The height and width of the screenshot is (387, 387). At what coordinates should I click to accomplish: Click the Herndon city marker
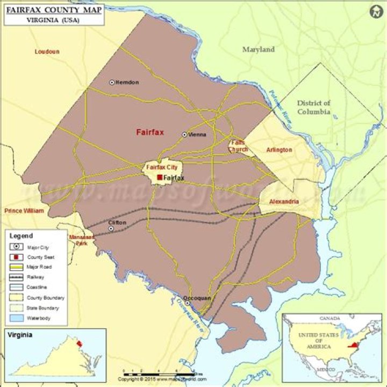(x=112, y=82)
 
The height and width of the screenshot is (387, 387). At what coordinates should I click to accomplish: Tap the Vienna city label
(x=197, y=134)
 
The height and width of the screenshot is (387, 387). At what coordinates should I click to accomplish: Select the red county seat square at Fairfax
(x=160, y=177)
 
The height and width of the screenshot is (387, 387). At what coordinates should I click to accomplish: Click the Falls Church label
(x=238, y=146)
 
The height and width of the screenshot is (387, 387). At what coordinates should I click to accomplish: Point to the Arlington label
(x=279, y=150)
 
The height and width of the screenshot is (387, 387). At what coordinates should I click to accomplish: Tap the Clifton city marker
(x=111, y=228)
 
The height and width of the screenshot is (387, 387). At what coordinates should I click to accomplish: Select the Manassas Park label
(x=82, y=240)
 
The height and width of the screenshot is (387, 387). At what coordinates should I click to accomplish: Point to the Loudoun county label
(x=47, y=52)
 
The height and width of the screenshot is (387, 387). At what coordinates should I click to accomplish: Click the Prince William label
(x=24, y=211)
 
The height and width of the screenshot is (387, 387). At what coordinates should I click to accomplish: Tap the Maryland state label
(x=258, y=49)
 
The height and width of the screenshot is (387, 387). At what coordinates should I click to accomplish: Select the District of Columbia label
(x=314, y=107)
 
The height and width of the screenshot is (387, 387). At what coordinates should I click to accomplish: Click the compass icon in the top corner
(x=376, y=11)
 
